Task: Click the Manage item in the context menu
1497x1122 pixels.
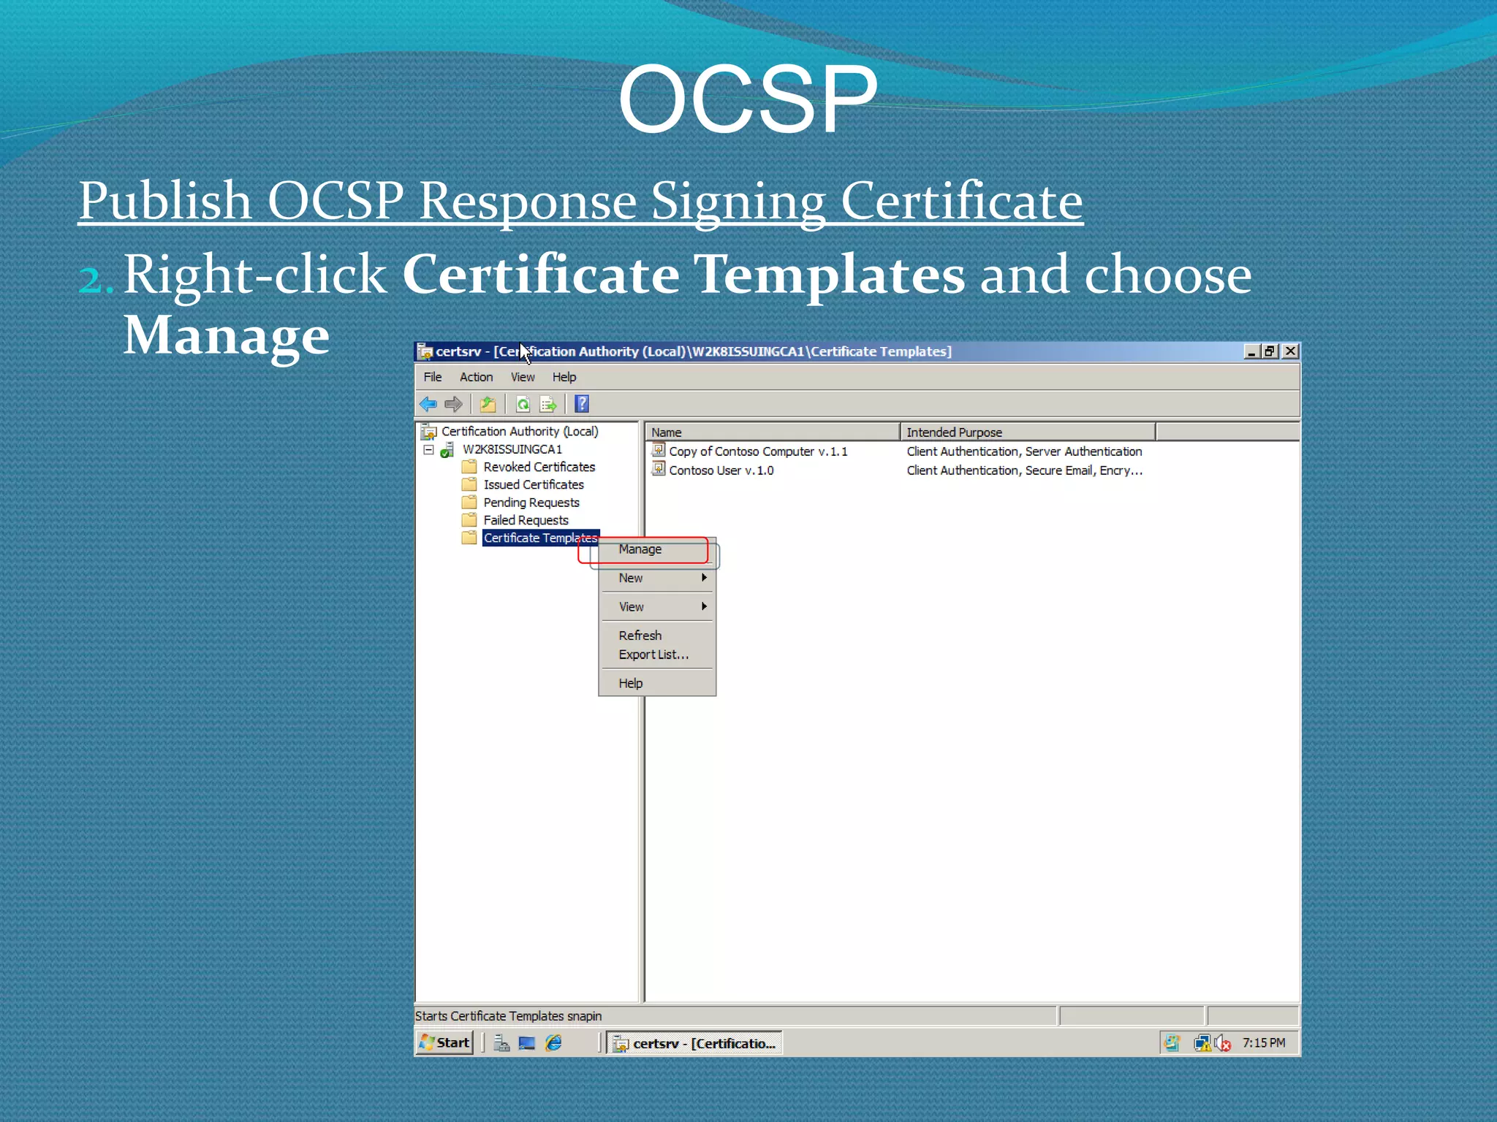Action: [x=640, y=549]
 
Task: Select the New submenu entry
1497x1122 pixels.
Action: [x=631, y=578]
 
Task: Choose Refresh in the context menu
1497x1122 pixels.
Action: [x=640, y=636]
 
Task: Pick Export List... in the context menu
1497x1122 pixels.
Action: [x=653, y=654]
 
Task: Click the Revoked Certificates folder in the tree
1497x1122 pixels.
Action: [x=539, y=467]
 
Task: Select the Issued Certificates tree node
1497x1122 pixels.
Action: [x=533, y=484]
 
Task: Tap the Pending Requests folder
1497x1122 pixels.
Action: [x=531, y=503]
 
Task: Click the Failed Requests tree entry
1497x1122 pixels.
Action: [x=526, y=520]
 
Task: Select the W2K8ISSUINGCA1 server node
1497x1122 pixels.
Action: [x=512, y=449]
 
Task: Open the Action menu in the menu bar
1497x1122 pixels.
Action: [x=476, y=377]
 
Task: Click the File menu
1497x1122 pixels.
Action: [x=433, y=377]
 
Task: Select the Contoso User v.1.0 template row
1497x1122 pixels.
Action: [x=721, y=470]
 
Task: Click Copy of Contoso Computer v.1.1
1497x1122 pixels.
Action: [x=758, y=451]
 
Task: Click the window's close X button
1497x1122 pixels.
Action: [x=1291, y=351]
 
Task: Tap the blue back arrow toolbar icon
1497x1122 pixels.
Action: [x=428, y=404]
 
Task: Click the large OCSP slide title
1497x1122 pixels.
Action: [x=747, y=99]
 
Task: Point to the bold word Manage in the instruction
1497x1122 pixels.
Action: [x=227, y=335]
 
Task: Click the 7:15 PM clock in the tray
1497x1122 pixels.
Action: [x=1263, y=1043]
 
